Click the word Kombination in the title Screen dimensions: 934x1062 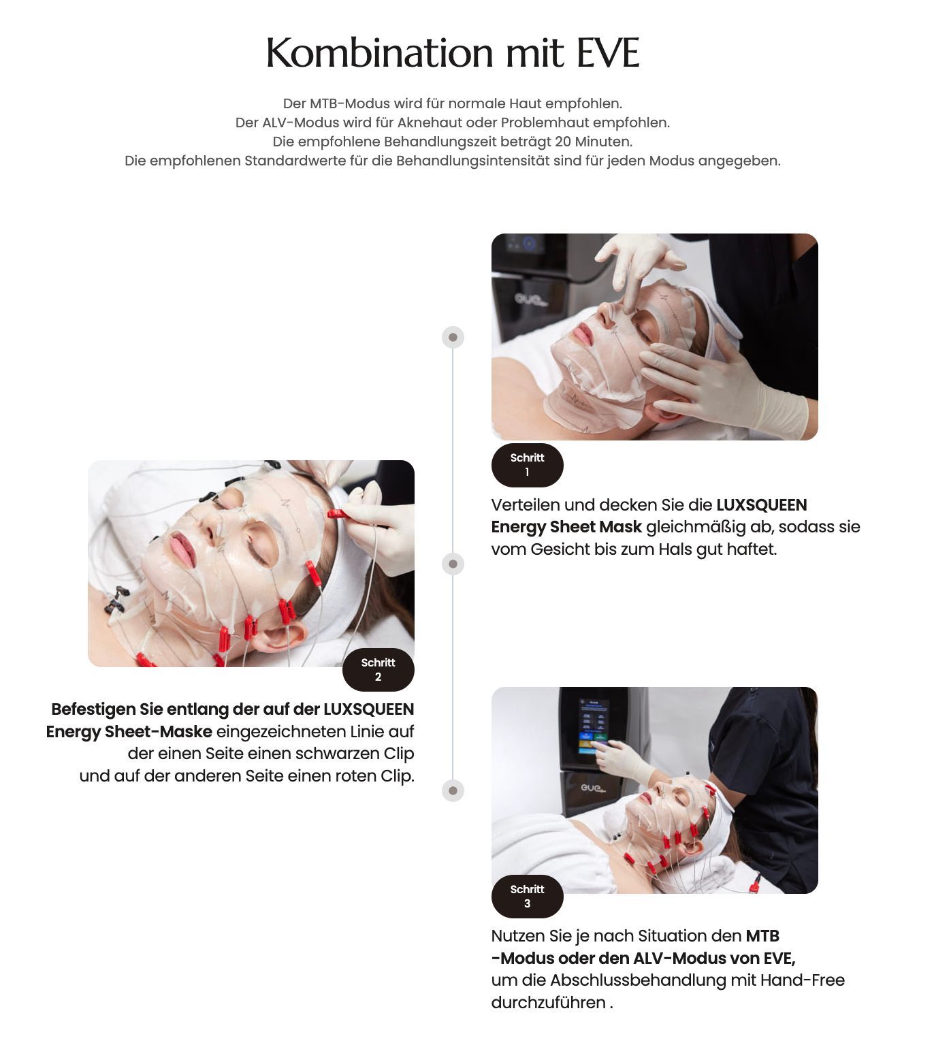(379, 52)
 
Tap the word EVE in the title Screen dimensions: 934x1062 (608, 52)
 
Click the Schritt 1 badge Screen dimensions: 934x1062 (527, 465)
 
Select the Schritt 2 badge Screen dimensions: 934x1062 (378, 670)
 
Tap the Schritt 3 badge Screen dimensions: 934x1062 (527, 896)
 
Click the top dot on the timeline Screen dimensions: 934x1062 (453, 337)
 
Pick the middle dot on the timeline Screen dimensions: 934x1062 (453, 564)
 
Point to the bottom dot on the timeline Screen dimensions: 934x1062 (453, 790)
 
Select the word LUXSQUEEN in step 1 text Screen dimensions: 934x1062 (762, 505)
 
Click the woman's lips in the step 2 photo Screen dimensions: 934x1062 (182, 548)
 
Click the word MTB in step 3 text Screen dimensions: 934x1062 (762, 936)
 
